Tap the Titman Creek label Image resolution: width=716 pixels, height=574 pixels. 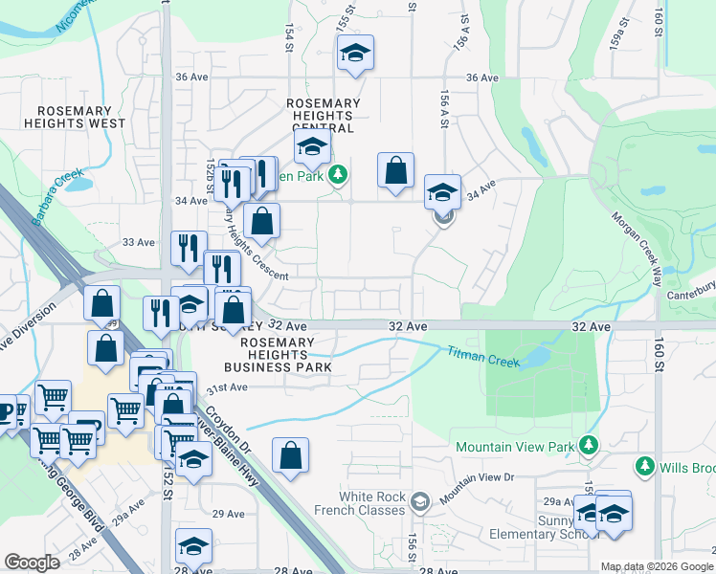(483, 357)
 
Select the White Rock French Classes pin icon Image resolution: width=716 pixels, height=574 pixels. (419, 501)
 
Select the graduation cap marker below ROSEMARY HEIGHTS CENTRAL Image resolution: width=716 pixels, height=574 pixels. (311, 147)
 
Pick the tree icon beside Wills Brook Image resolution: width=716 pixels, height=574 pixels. (645, 467)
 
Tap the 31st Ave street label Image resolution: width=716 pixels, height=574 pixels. (228, 387)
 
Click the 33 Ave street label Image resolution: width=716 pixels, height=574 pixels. (138, 243)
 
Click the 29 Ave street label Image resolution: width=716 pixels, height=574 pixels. (229, 514)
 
